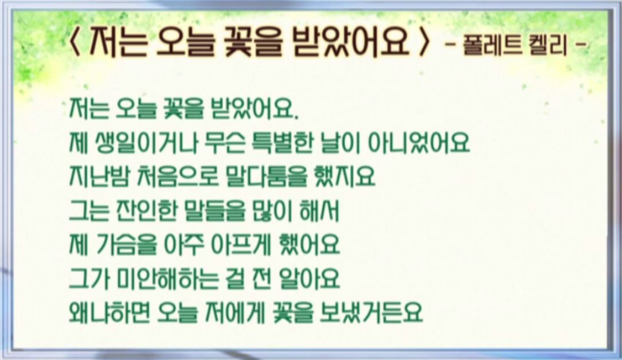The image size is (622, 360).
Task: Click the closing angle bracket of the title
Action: pyautogui.click(x=424, y=42)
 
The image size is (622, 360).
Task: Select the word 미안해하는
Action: pyautogui.click(x=168, y=279)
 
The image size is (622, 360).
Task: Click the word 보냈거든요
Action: pyautogui.click(x=371, y=312)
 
